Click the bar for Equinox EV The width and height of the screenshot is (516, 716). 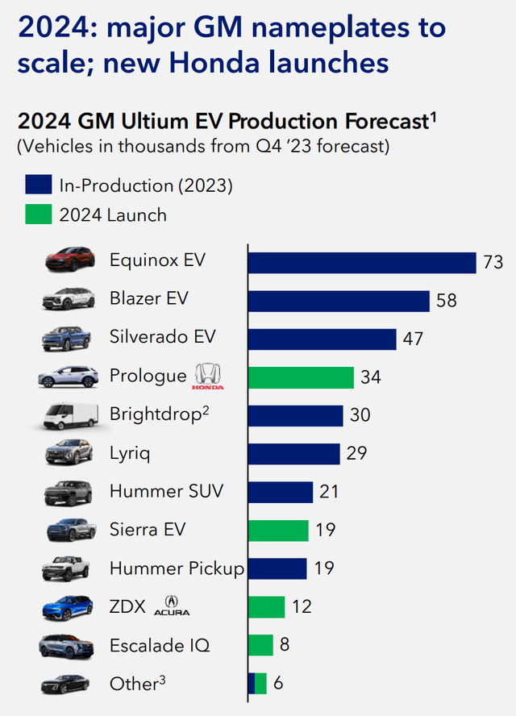point(361,263)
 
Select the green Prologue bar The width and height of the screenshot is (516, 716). point(300,377)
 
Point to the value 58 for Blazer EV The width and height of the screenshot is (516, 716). point(446,301)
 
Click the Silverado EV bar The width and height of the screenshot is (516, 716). point(322,339)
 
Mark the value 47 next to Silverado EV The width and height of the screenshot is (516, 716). point(413,339)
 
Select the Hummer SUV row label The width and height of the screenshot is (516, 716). point(166,491)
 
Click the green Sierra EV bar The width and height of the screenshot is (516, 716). point(277,530)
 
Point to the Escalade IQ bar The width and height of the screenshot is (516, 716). point(260,645)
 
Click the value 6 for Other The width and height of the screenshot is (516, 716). point(278,684)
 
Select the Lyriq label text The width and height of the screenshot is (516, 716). point(130,453)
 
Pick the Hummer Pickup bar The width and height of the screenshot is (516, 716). point(277,568)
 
